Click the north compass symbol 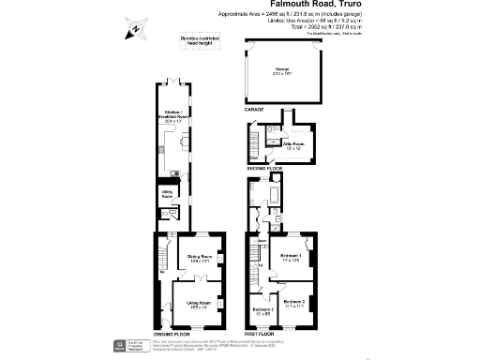pyautogui.click(x=134, y=29)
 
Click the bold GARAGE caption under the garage pyautogui.click(x=254, y=110)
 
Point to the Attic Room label pyautogui.click(x=296, y=146)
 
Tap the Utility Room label pyautogui.click(x=167, y=196)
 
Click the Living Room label pyautogui.click(x=197, y=304)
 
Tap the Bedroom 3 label pyautogui.click(x=263, y=311)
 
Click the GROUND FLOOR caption pyautogui.click(x=172, y=334)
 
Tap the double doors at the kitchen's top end pyautogui.click(x=172, y=82)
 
